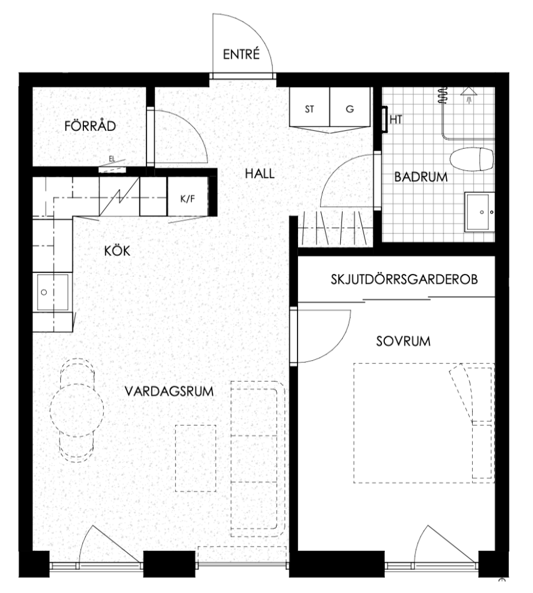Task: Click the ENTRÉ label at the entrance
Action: [x=241, y=54]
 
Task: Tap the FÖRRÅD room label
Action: [x=90, y=126]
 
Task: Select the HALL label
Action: [x=260, y=174]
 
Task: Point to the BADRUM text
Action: [x=421, y=177]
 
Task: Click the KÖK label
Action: [x=117, y=250]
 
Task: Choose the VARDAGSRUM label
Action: [x=169, y=391]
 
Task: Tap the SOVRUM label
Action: [x=403, y=341]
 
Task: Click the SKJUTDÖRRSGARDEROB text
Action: [x=404, y=279]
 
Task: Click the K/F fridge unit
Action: [x=188, y=198]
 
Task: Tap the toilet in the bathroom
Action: [x=472, y=159]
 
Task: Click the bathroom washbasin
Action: [x=479, y=212]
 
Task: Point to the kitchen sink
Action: [x=53, y=292]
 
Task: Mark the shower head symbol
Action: [x=469, y=94]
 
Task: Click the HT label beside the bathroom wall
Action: [x=396, y=119]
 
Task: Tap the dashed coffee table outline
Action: [x=196, y=458]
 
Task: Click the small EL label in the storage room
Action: [x=112, y=159]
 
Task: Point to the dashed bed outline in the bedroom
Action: [x=424, y=423]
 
